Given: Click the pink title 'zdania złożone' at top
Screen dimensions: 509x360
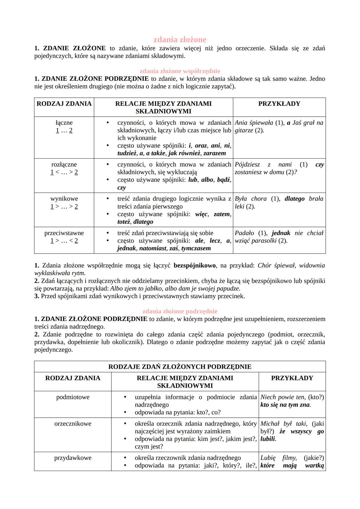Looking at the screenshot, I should point(180,40).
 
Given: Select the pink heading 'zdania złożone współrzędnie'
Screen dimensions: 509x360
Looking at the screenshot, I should point(180,71).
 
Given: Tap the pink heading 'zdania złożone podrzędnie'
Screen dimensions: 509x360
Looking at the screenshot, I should point(180,311).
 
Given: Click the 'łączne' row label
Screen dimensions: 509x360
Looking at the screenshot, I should point(64,123).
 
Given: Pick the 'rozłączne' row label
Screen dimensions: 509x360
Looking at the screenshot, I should point(64,164).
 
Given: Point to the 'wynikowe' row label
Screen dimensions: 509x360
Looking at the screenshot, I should point(64,199).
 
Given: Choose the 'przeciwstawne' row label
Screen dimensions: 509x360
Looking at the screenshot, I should point(64,233).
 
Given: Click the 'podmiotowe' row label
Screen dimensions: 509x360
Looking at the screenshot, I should point(73,397).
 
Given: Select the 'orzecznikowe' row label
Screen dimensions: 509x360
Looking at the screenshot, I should point(73,424).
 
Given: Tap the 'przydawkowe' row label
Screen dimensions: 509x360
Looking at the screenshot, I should point(73,458).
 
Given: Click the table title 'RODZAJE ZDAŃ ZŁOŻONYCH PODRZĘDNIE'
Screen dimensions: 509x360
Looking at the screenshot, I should point(180,367).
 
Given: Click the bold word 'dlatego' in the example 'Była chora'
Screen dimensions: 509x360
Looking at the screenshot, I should point(294,199).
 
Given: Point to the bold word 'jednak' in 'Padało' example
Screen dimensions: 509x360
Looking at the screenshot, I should point(281,233).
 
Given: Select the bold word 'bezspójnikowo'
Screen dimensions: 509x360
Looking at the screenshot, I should point(195,265).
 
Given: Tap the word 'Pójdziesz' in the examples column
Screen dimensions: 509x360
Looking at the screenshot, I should point(247,164).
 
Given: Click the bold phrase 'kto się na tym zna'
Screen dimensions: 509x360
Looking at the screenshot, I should point(285,405).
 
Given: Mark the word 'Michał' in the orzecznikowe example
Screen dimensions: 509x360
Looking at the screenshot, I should point(270,424).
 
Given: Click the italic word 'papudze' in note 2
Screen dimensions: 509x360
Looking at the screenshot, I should point(229,288).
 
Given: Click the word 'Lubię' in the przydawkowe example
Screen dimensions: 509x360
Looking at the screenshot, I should point(268,458).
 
